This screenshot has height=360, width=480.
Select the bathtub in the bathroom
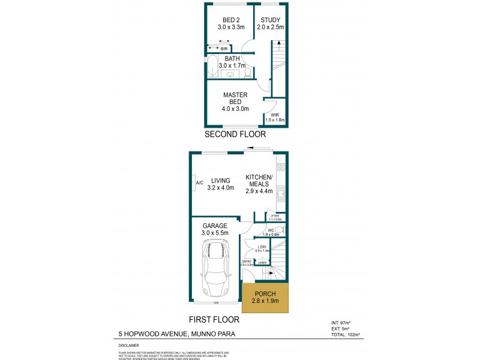(x=213, y=67)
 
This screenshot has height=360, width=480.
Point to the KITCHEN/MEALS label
(x=259, y=184)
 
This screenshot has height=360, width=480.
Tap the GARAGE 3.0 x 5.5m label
(x=215, y=229)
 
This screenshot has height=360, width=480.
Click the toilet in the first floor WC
(x=282, y=229)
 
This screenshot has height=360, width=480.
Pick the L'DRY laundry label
(x=262, y=247)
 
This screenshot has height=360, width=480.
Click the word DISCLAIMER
(x=128, y=346)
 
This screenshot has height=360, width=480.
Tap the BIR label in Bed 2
(x=224, y=48)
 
